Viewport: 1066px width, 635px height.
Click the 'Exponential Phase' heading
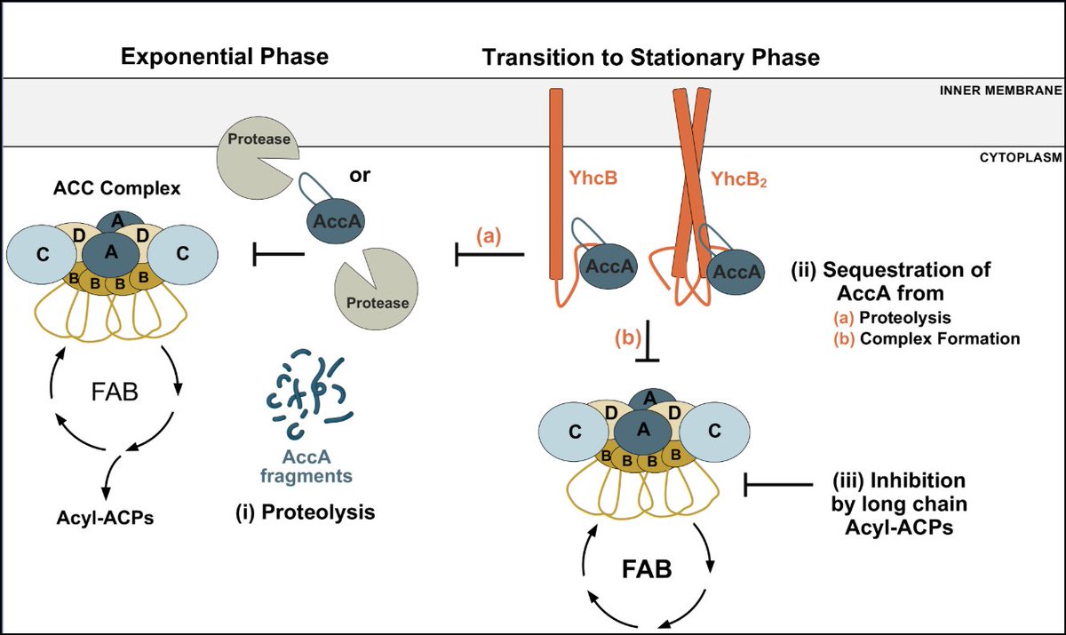coord(225,57)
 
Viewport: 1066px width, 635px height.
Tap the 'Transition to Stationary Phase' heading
coord(651,58)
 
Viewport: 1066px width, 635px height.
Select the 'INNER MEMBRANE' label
coord(1001,91)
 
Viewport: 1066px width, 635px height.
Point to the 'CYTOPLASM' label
coord(1021,157)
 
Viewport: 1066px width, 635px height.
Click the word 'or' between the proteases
coord(360,175)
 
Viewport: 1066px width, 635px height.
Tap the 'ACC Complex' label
coord(116,188)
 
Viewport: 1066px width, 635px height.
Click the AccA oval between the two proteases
coord(336,221)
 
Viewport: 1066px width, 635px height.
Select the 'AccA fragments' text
coord(306,466)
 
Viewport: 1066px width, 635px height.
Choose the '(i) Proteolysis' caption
coord(306,512)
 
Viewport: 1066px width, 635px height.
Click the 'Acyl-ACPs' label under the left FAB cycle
coord(105,518)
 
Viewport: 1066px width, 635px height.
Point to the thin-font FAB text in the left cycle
coord(115,393)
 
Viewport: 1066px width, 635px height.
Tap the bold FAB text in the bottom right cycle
coord(647,569)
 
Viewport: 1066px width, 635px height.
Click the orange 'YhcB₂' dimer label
coord(739,179)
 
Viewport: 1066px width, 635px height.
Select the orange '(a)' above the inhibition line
coord(489,235)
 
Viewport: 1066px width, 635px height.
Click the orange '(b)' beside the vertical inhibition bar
coord(628,338)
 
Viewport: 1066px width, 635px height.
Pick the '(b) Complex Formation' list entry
coord(927,338)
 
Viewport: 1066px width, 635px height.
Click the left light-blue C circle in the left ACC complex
coord(43,255)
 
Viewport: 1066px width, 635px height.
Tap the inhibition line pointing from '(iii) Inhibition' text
coord(778,485)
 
